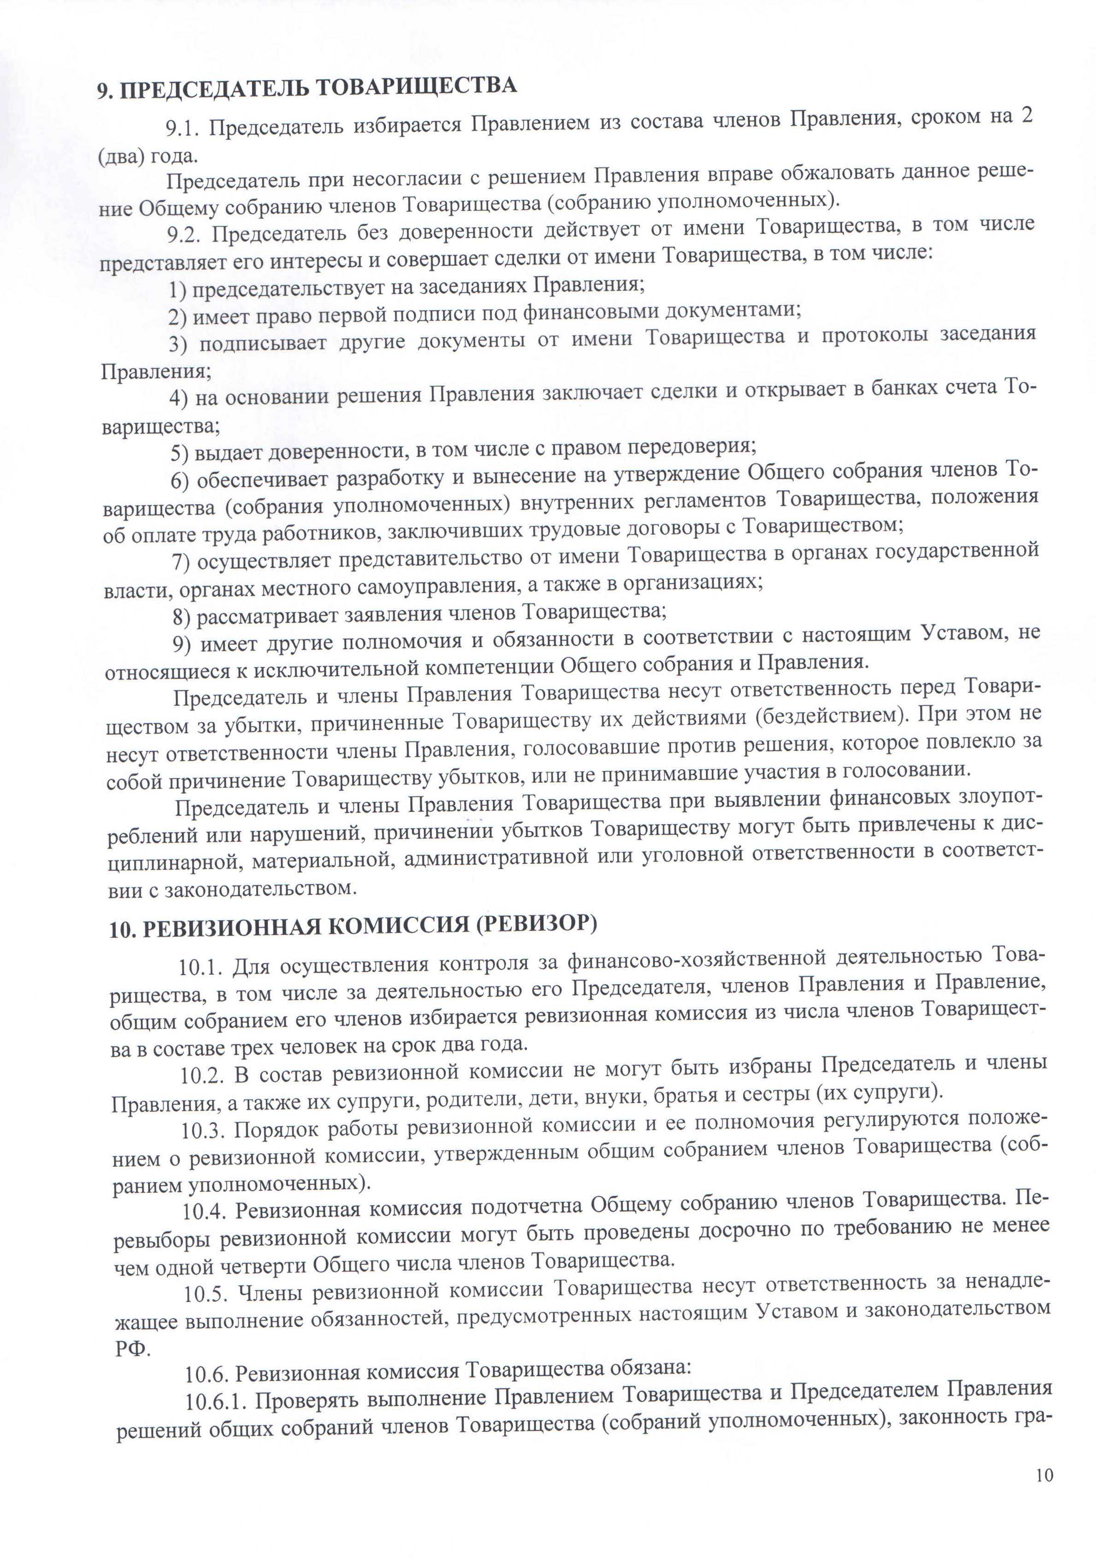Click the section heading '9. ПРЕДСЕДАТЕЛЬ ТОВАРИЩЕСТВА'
pos(307,88)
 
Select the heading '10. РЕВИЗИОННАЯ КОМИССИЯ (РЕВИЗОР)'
pos(353,926)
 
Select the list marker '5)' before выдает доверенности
pos(179,453)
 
